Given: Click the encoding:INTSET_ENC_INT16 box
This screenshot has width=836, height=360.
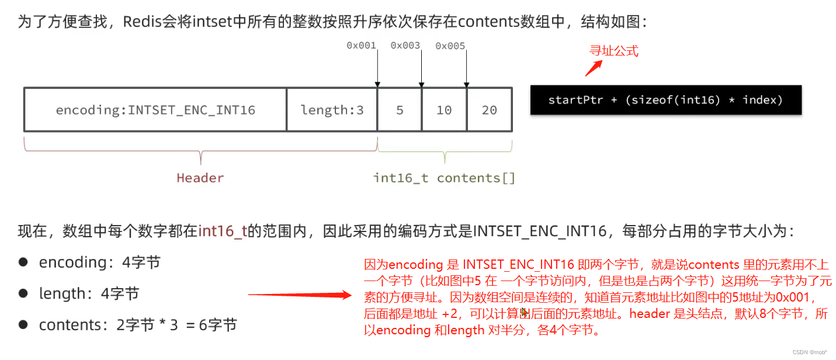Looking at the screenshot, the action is click(155, 110).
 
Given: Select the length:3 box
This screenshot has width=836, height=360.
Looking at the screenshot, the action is click(332, 110).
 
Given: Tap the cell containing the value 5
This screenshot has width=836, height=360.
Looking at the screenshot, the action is click(400, 110).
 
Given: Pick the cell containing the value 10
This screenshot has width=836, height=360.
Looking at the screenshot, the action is click(444, 110).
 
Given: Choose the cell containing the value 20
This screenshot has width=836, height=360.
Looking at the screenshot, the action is click(490, 110).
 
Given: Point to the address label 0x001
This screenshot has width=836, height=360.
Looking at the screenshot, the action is click(361, 46).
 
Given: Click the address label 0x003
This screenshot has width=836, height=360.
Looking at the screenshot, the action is click(405, 46).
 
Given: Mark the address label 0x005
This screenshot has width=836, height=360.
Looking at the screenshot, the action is click(450, 46).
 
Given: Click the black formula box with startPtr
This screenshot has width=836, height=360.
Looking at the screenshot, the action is click(666, 100).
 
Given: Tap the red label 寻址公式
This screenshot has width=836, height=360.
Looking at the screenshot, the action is click(614, 51).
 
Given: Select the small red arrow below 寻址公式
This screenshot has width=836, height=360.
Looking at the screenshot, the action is click(594, 68).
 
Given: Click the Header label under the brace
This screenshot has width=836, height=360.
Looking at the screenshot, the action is click(200, 178).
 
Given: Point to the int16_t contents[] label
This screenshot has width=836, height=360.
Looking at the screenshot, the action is click(444, 178).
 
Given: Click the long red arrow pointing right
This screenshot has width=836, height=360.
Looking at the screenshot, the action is click(300, 295).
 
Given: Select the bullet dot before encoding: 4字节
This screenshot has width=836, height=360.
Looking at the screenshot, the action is click(23, 262).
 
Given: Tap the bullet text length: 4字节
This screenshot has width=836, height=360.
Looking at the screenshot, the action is click(89, 294).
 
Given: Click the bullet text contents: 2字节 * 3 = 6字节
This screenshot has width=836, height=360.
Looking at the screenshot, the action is click(138, 325).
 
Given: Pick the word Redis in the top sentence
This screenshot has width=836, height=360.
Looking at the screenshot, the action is click(142, 21).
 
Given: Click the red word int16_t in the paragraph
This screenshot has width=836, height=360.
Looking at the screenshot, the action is click(223, 231).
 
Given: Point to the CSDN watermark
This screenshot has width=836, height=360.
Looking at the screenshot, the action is click(810, 352).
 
